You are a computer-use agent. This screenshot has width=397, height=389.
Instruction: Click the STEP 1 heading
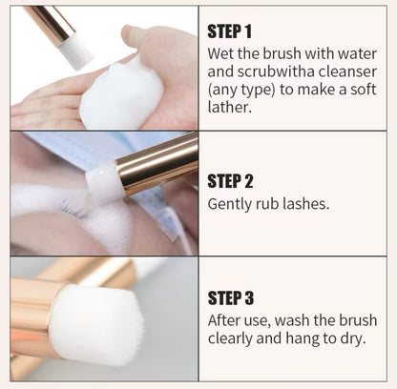pyautogui.click(x=229, y=31)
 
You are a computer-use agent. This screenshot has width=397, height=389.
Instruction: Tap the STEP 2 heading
pyautogui.click(x=230, y=181)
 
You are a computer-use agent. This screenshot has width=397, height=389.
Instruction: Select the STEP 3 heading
pyautogui.click(x=231, y=298)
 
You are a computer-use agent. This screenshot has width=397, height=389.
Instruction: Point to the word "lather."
pyautogui.click(x=230, y=107)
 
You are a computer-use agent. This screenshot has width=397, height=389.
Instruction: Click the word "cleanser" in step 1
pyautogui.click(x=347, y=72)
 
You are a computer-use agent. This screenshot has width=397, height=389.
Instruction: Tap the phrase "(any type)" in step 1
pyautogui.click(x=241, y=90)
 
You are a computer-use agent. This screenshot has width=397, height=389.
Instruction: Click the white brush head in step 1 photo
pyautogui.click(x=76, y=51)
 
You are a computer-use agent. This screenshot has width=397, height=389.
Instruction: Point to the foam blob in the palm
pyautogui.click(x=121, y=93)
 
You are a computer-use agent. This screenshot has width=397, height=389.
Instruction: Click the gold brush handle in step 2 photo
pyautogui.click(x=157, y=164)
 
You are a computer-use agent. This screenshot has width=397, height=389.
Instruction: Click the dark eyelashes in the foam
pyautogui.click(x=76, y=209)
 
